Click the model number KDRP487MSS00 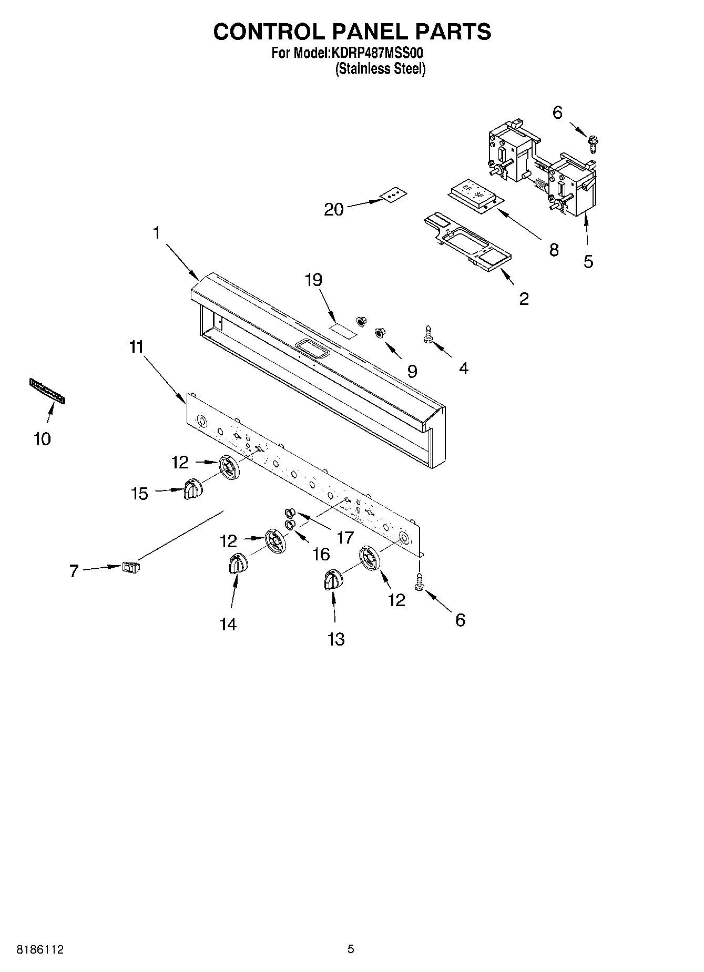pyautogui.click(x=376, y=53)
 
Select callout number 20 pyautogui.click(x=334, y=210)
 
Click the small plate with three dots pyautogui.click(x=394, y=195)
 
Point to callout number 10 pyautogui.click(x=42, y=438)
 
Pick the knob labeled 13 pyautogui.click(x=332, y=580)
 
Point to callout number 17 pyautogui.click(x=345, y=537)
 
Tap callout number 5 pyautogui.click(x=588, y=261)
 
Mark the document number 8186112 pyautogui.click(x=40, y=949)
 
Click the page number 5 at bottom pyautogui.click(x=351, y=949)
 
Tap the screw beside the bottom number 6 pyautogui.click(x=420, y=581)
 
